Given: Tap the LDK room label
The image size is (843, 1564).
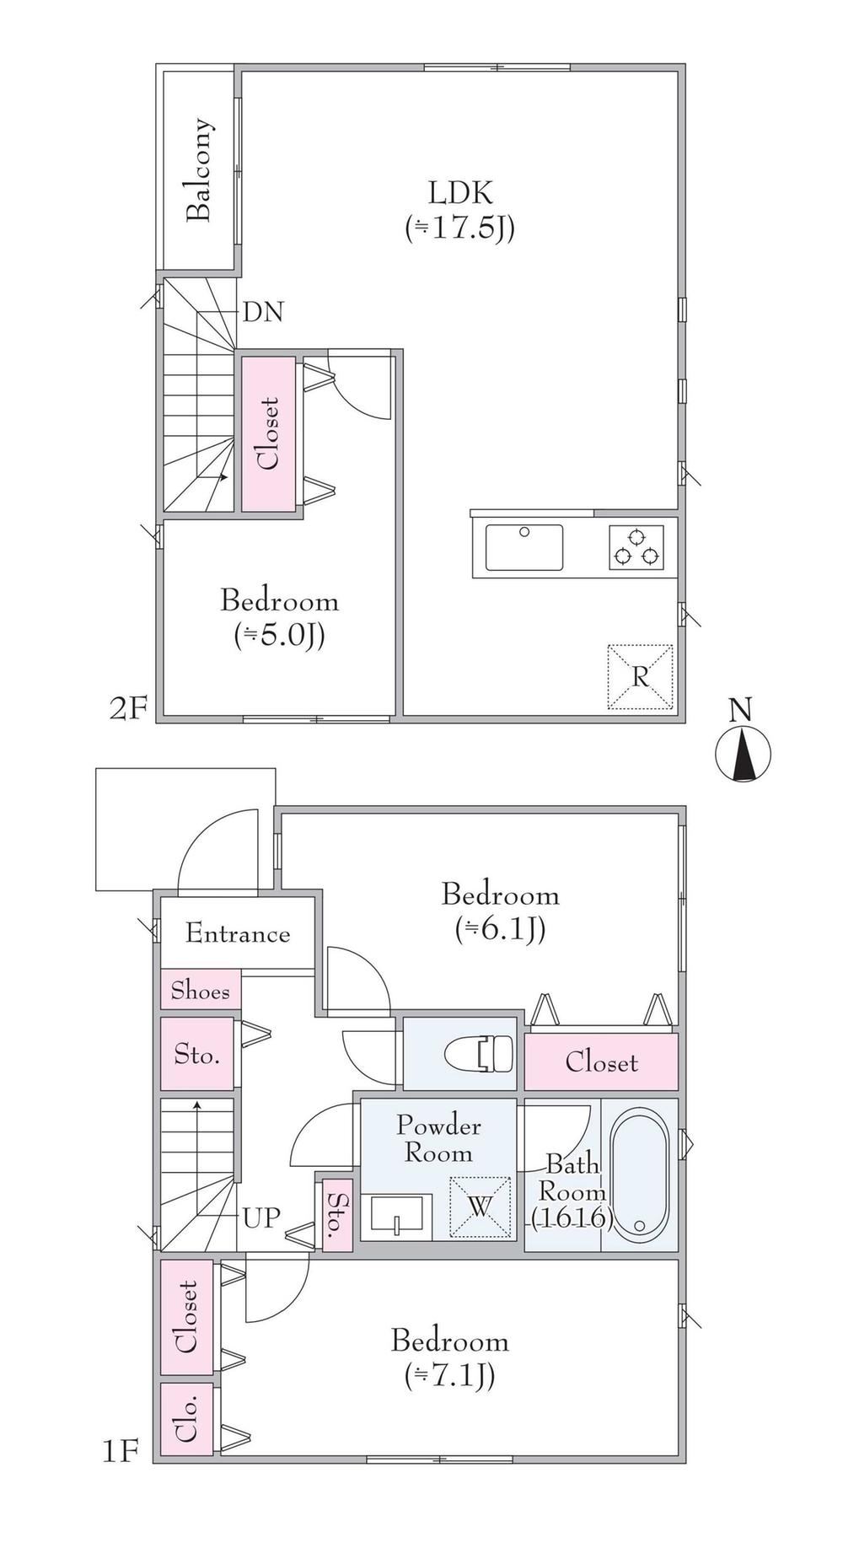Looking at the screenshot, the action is [x=460, y=193].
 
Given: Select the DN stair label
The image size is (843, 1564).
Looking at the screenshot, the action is [x=263, y=313].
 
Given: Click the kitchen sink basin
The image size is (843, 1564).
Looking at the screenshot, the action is [x=524, y=547].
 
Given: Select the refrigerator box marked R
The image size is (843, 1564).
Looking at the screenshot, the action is [x=641, y=677].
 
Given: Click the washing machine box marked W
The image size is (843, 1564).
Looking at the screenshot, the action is [x=480, y=1207].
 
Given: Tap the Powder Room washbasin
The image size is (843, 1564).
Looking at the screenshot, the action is [x=396, y=1217].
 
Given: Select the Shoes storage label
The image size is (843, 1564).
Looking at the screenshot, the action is [x=201, y=990].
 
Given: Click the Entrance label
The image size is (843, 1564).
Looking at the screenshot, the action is [x=238, y=934].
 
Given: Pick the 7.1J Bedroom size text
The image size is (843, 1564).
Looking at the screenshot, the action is [x=449, y=1377].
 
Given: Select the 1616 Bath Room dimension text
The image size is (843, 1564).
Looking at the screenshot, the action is [x=571, y=1218].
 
